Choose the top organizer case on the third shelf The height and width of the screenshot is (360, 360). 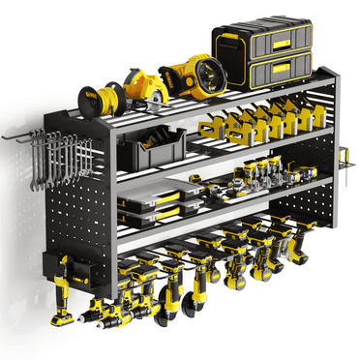tap(162, 191)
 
